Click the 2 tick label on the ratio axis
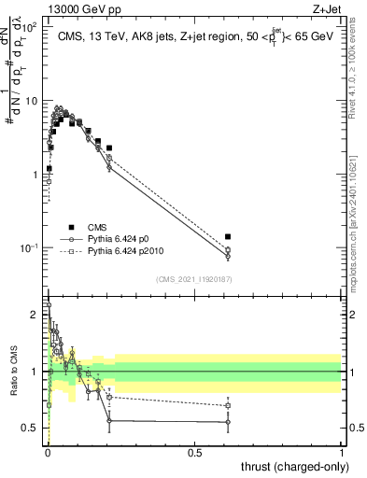pos(36,315)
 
